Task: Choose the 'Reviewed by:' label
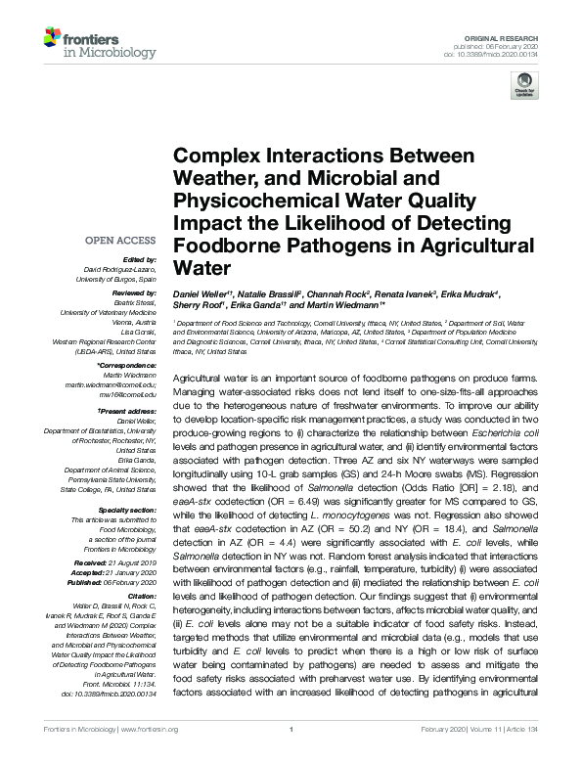134,292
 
